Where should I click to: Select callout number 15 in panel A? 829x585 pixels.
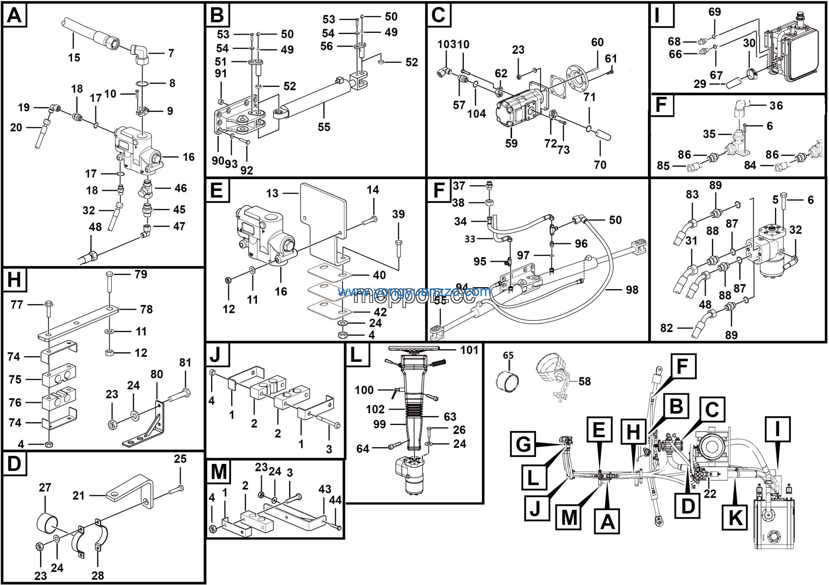coord(74,58)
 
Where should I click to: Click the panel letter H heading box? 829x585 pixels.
coord(15,280)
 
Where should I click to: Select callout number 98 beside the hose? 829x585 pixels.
coord(632,290)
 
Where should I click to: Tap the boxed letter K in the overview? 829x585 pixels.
coord(735,518)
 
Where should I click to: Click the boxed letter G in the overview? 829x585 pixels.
coord(523,444)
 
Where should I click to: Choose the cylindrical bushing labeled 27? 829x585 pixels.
coord(47,523)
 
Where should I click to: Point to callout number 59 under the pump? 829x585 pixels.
coord(511,144)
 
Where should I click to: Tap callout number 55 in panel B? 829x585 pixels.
coord(324,127)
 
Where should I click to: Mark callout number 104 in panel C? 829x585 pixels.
coord(477,114)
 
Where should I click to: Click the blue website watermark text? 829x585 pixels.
coord(414,292)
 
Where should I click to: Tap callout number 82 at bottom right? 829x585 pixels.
coord(666,328)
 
